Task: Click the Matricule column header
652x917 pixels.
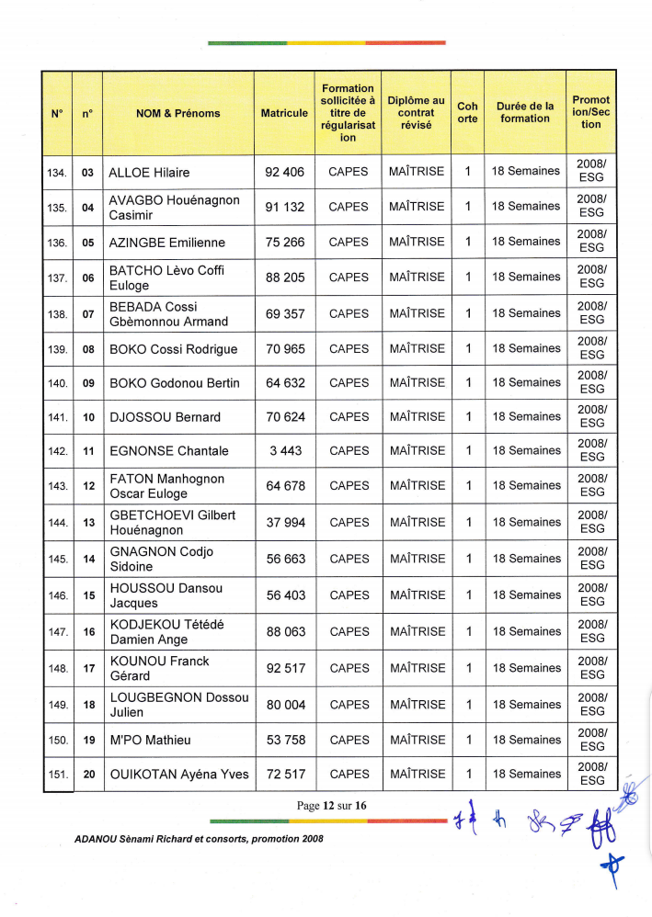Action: pos(284,113)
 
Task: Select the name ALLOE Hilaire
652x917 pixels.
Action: pos(149,172)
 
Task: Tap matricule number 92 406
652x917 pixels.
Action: pos(284,172)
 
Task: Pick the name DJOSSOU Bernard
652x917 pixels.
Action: pos(165,417)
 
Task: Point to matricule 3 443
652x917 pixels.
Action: pos(285,451)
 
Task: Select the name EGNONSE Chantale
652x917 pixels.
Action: pos(168,451)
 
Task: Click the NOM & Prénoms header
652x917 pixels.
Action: pos(177,113)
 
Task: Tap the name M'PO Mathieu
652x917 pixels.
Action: pos(151,740)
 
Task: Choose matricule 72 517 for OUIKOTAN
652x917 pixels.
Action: pos(285,775)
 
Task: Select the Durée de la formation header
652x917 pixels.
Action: pos(525,112)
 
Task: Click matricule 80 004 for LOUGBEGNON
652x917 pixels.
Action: pos(285,705)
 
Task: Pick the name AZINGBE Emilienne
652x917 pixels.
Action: pos(166,243)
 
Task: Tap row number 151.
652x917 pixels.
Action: pos(57,775)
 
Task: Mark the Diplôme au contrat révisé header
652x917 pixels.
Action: pos(416,112)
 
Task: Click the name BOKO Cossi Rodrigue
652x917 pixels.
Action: pos(173,349)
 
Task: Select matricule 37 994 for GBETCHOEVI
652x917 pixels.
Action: pos(285,522)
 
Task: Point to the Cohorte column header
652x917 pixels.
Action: pos(467,112)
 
